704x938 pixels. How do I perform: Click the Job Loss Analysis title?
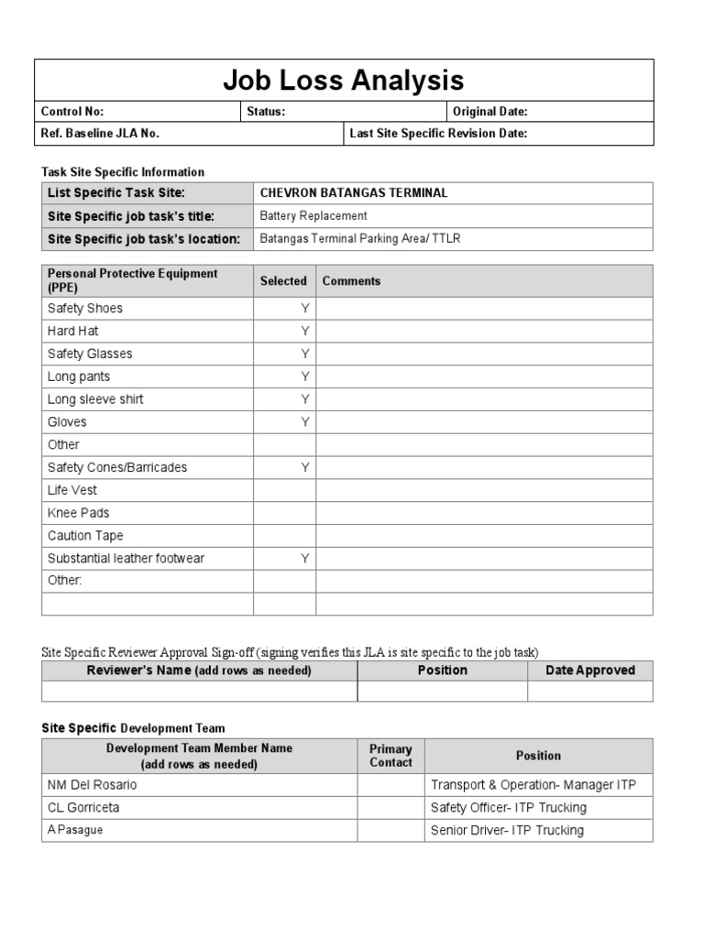tap(344, 81)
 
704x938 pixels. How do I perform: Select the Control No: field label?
tap(72, 112)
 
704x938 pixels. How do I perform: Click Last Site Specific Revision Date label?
tap(438, 134)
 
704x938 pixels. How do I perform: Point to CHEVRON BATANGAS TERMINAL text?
tap(354, 193)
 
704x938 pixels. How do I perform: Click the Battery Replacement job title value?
tap(313, 216)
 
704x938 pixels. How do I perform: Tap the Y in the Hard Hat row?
tap(305, 331)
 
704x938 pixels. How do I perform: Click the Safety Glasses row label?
tap(90, 354)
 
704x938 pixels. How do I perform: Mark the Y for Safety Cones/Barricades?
tap(305, 467)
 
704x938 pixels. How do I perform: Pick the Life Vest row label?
tap(72, 490)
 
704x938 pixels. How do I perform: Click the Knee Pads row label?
tap(78, 513)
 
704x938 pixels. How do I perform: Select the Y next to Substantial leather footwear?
tap(305, 558)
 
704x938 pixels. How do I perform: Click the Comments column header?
tap(351, 281)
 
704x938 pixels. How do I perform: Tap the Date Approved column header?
tap(590, 671)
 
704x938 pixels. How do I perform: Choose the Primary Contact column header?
tap(390, 756)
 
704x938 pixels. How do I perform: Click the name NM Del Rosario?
tap(93, 785)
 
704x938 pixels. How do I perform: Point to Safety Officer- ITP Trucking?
tap(508, 808)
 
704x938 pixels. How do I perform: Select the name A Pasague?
tap(75, 830)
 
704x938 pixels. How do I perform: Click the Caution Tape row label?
tap(85, 536)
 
